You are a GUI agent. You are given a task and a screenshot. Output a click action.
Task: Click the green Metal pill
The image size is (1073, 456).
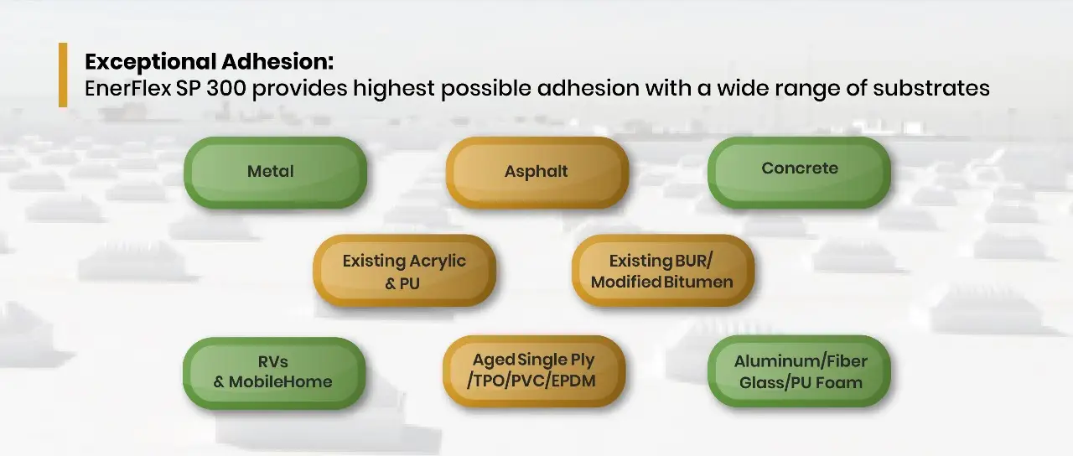pyautogui.click(x=276, y=173)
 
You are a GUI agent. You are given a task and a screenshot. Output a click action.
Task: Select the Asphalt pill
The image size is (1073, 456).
pyautogui.click(x=537, y=173)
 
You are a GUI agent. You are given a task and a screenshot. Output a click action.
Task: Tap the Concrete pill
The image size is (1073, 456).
pyautogui.click(x=799, y=173)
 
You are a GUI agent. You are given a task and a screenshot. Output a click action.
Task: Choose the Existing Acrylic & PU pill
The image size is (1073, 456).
pyautogui.click(x=404, y=271)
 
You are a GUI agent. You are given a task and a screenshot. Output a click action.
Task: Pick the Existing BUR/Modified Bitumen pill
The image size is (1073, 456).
pyautogui.click(x=663, y=271)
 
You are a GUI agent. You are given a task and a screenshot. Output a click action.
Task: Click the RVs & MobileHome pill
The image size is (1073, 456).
pyautogui.click(x=274, y=373)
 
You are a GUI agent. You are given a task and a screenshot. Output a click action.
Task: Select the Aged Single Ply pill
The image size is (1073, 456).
pyautogui.click(x=534, y=371)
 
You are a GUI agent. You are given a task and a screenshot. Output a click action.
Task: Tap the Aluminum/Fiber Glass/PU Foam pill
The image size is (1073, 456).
pyautogui.click(x=799, y=371)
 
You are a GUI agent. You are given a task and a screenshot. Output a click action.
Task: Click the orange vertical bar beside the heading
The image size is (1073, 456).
pyautogui.click(x=63, y=75)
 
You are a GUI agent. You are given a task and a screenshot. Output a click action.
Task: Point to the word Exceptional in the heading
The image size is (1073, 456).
pyautogui.click(x=150, y=62)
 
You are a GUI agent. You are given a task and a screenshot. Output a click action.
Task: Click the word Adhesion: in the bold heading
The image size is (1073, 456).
pyautogui.click(x=277, y=61)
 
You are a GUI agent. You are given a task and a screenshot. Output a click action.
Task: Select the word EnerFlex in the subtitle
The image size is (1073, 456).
pyautogui.click(x=128, y=88)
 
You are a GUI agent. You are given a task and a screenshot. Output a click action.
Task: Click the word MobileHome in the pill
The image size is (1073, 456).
pyautogui.click(x=280, y=381)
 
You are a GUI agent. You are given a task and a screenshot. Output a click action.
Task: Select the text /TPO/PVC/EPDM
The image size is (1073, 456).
pyautogui.click(x=531, y=381)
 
